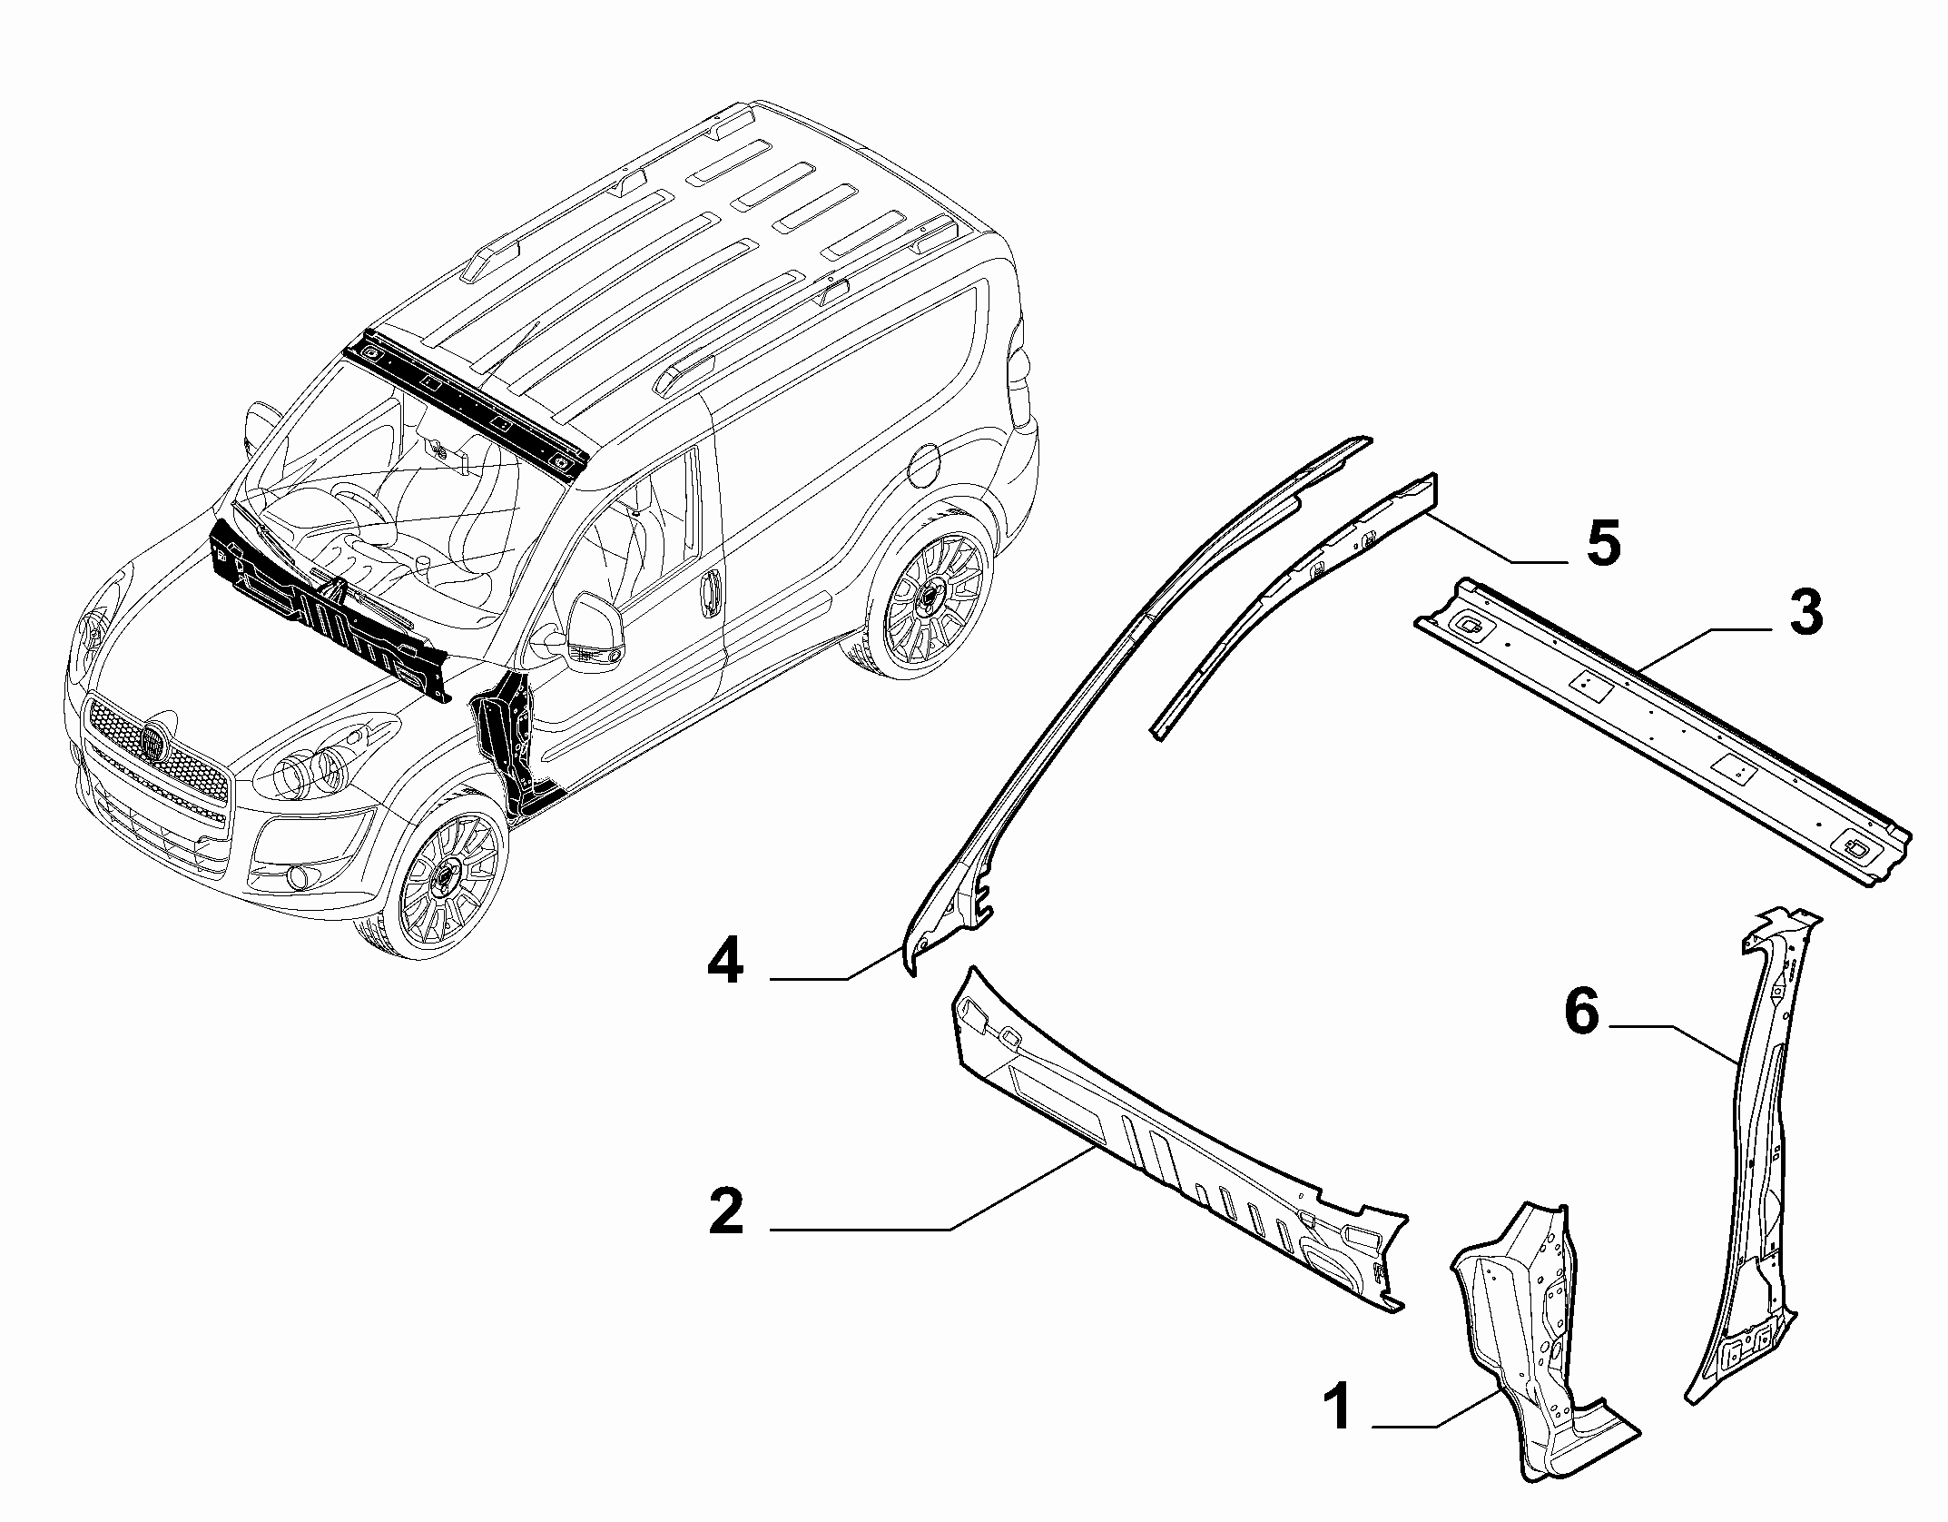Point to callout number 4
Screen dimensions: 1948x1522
click(x=725, y=962)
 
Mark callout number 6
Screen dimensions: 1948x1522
click(x=1581, y=1012)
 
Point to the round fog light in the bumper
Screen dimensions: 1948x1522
click(x=298, y=877)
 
